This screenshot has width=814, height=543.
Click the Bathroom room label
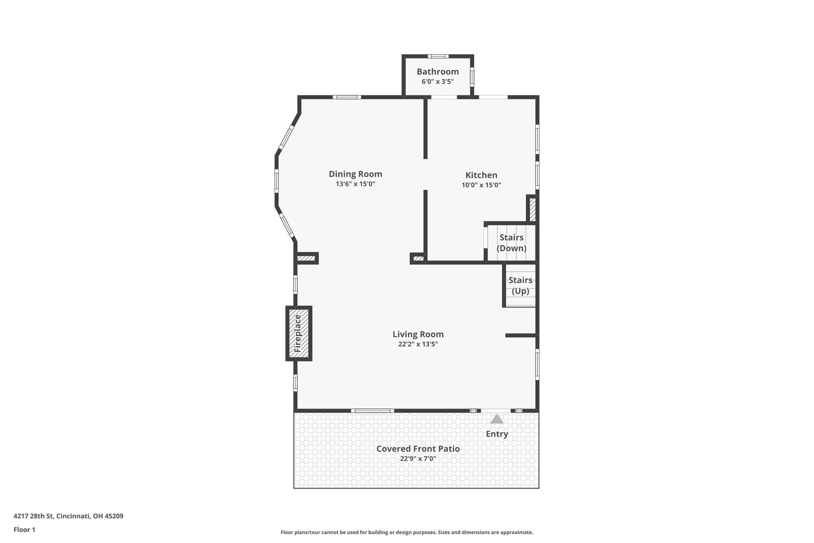[x=438, y=72]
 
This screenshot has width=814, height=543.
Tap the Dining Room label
[x=355, y=174]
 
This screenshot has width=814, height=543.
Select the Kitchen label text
[x=481, y=175]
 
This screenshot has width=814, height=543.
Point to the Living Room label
[x=418, y=334]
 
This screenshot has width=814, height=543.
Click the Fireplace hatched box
[x=298, y=333]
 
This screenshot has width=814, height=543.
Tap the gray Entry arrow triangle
[x=497, y=419]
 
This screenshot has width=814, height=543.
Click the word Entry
[x=497, y=434]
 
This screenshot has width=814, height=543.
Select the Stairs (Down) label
[x=512, y=243]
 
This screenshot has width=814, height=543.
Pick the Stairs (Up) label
[x=520, y=285]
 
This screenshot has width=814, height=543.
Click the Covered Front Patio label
[x=418, y=449]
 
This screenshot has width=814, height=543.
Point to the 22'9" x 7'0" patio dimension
[x=418, y=459]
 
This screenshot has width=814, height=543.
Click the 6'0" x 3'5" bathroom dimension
[x=438, y=82]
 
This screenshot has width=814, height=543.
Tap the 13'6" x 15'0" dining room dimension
[x=355, y=184]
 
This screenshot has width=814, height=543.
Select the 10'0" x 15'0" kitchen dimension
[x=481, y=185]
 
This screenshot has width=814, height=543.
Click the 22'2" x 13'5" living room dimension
[x=418, y=344]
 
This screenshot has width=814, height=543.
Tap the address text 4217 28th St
[x=68, y=516]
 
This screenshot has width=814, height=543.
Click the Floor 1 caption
[x=24, y=529]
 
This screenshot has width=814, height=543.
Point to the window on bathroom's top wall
[x=438, y=56]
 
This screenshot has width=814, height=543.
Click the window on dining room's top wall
[x=347, y=97]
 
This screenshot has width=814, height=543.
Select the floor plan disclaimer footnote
[x=407, y=532]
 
